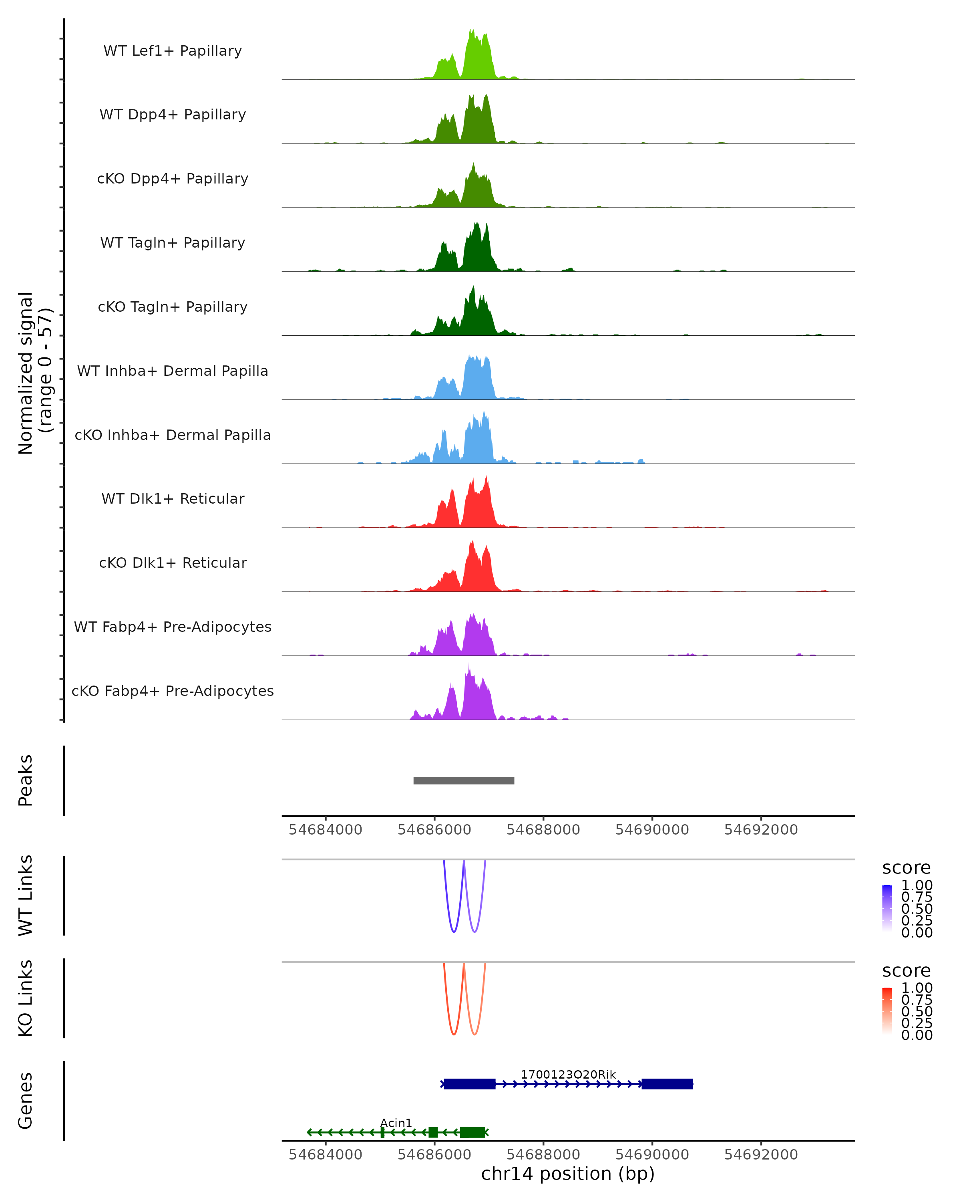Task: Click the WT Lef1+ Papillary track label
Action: (x=173, y=51)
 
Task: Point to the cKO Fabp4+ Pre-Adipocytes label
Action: (x=173, y=691)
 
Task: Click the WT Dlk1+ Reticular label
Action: (x=173, y=498)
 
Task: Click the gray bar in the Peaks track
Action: (x=464, y=780)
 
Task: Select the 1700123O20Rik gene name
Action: (x=568, y=1074)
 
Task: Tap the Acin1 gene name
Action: (x=396, y=1123)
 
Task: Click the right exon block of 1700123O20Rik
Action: (x=667, y=1084)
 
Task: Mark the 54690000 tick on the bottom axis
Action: (x=652, y=1155)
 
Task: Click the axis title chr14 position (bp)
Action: (x=568, y=1174)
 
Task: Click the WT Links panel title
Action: (x=26, y=895)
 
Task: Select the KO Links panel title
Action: (x=26, y=998)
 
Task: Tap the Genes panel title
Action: (x=26, y=1101)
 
